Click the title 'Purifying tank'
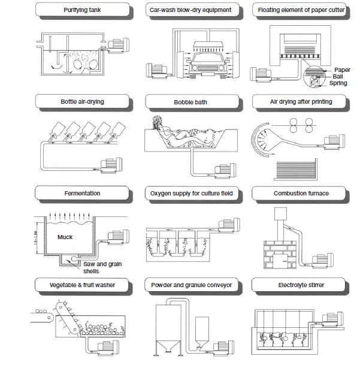coord(82,10)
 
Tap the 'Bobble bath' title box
coord(190,102)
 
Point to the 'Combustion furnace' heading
coord(301,194)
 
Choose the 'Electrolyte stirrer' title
coord(301,285)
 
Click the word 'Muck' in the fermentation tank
coord(65,237)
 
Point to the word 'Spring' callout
coord(338,83)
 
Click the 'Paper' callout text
coord(342,70)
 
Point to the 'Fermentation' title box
coord(82,194)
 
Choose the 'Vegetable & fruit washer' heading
coord(82,285)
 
